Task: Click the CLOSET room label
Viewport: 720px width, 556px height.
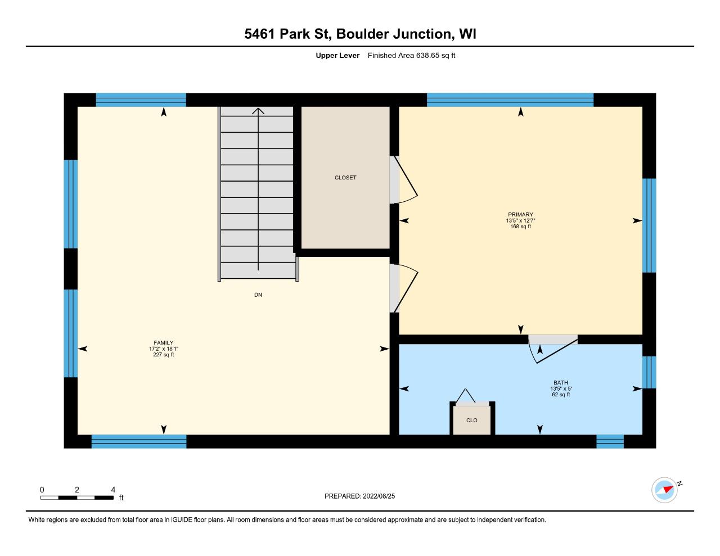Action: [x=345, y=178]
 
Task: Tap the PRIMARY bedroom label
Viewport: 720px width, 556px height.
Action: [x=520, y=215]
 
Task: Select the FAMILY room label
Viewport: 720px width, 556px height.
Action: [x=163, y=343]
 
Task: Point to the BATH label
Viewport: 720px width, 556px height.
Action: [x=561, y=382]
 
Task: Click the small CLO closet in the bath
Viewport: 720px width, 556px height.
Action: [x=471, y=420]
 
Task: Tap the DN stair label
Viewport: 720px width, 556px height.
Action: [x=258, y=295]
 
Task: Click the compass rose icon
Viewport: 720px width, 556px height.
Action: [x=664, y=490]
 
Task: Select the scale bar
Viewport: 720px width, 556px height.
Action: [x=77, y=498]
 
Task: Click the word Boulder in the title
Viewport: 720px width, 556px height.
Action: [x=362, y=34]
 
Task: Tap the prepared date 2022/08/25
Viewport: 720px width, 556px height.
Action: [x=379, y=496]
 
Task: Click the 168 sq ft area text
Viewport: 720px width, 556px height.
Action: [x=520, y=227]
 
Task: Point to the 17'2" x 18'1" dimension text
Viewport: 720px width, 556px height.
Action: [x=163, y=349]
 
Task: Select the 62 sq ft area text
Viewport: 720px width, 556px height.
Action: [x=561, y=395]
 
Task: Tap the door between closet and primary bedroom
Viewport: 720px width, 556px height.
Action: [x=403, y=179]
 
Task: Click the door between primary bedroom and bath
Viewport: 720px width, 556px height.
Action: [x=553, y=349]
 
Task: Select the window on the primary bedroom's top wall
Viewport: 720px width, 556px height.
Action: [x=510, y=100]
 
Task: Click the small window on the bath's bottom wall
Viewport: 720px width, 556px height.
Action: [x=610, y=441]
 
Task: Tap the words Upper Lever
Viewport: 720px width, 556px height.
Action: [x=337, y=55]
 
